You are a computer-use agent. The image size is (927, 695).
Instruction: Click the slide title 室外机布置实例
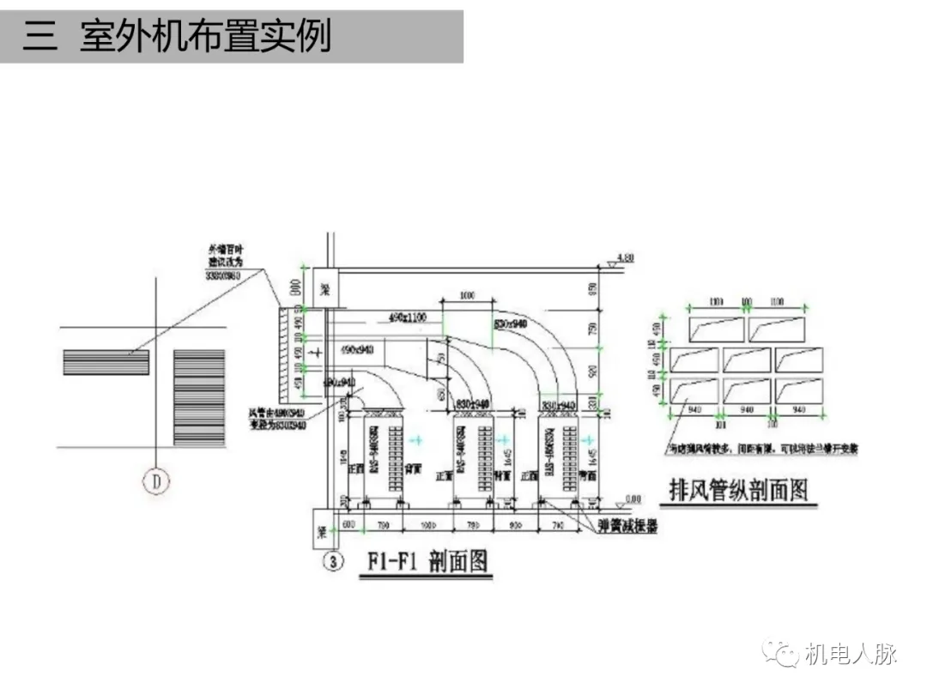[x=205, y=37]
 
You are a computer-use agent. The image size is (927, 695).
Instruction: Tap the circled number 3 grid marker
[x=334, y=562]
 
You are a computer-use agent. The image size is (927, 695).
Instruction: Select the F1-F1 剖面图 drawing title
[x=427, y=562]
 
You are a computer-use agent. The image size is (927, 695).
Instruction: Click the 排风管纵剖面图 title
[x=738, y=490]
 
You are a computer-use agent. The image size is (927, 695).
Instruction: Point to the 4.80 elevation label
[x=625, y=257]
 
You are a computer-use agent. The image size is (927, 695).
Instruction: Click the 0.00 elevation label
[x=632, y=498]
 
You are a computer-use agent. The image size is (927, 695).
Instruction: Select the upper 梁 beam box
[x=325, y=287]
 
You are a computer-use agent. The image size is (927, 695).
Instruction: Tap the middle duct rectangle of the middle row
[x=746, y=360]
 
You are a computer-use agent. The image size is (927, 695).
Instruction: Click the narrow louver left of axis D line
[x=106, y=362]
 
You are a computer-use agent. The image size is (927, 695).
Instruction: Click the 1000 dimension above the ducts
[x=466, y=296]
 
